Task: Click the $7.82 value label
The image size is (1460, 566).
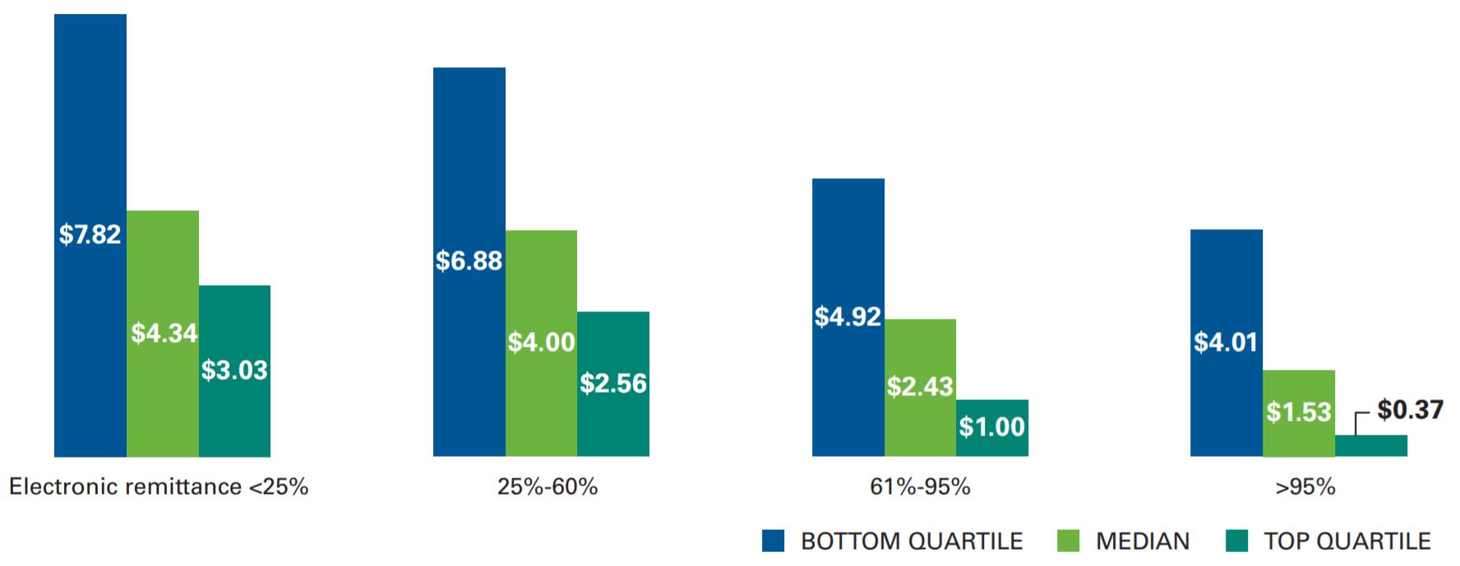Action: [x=90, y=235]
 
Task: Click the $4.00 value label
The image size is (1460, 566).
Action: [x=541, y=342]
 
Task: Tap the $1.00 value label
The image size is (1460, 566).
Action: [x=992, y=427]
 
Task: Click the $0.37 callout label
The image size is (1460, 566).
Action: [x=1410, y=409]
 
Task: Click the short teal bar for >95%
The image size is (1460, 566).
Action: [x=1371, y=446]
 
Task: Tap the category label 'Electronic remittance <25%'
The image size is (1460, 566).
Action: [x=159, y=487]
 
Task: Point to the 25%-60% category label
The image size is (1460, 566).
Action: [x=547, y=487]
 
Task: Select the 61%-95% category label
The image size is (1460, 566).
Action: [x=920, y=487]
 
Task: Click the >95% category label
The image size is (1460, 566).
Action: [x=1305, y=487]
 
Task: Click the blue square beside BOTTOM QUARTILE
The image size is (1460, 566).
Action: [x=774, y=541]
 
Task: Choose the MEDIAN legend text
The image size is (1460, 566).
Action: [x=1143, y=541]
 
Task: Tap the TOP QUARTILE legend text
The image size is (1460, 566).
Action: [x=1347, y=541]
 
